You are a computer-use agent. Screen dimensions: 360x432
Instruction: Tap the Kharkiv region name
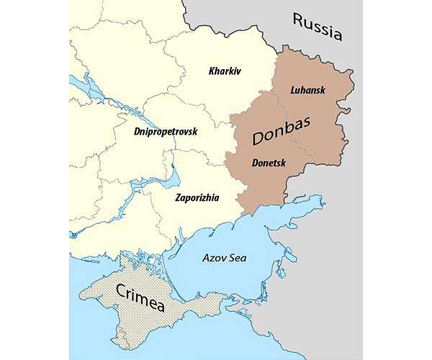(224, 71)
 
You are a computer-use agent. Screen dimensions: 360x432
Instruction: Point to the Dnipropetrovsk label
(166, 132)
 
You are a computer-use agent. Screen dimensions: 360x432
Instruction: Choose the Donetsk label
(269, 163)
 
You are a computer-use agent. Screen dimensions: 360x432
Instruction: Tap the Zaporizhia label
(197, 197)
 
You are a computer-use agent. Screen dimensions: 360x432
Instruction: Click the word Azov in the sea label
(215, 256)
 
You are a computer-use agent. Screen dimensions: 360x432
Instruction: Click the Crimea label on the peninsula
(140, 297)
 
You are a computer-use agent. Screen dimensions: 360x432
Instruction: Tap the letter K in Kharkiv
(212, 71)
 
